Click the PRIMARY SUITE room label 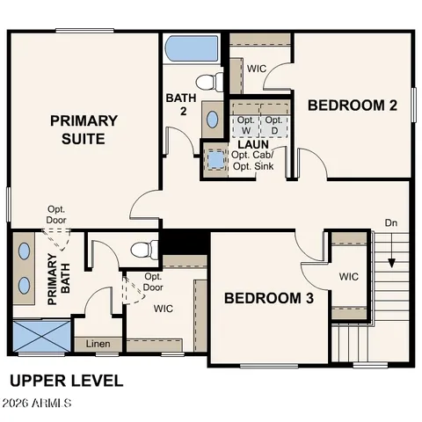coord(84,129)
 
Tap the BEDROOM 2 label coord(352,105)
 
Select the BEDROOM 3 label coord(268,298)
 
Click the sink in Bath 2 coord(213,117)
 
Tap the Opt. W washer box coord(246,125)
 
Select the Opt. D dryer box coord(273,125)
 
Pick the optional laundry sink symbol coord(215,160)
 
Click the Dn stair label coord(390,223)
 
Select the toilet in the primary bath coord(146,248)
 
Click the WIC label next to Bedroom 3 coord(349,277)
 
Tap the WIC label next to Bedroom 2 coord(256,69)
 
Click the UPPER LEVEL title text coord(66,381)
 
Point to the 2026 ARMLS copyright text coord(37,404)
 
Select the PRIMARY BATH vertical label coord(52,279)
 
